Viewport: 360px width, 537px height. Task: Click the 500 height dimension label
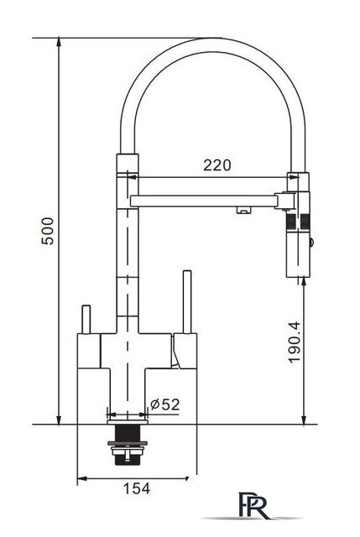[48, 231]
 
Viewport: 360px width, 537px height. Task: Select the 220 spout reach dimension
[217, 165]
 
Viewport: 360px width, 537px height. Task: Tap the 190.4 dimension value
[295, 341]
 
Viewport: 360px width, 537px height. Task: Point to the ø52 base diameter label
[164, 404]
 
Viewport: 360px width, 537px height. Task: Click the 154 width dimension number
[136, 488]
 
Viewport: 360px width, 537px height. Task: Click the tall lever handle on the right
[187, 302]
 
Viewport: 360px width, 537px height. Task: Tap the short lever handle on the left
[86, 319]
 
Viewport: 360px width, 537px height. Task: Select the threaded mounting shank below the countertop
[127, 444]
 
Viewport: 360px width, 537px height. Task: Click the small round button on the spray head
[311, 242]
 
